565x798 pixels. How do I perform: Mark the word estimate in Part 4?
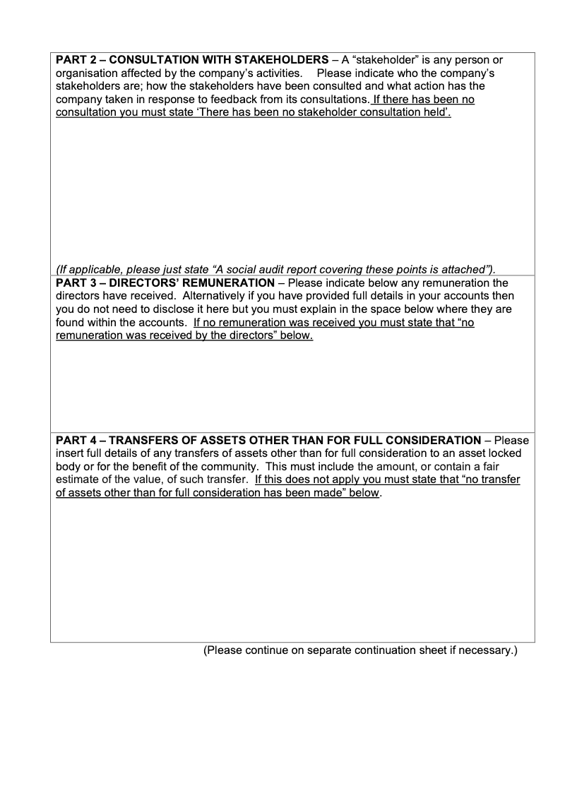pos(78,480)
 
